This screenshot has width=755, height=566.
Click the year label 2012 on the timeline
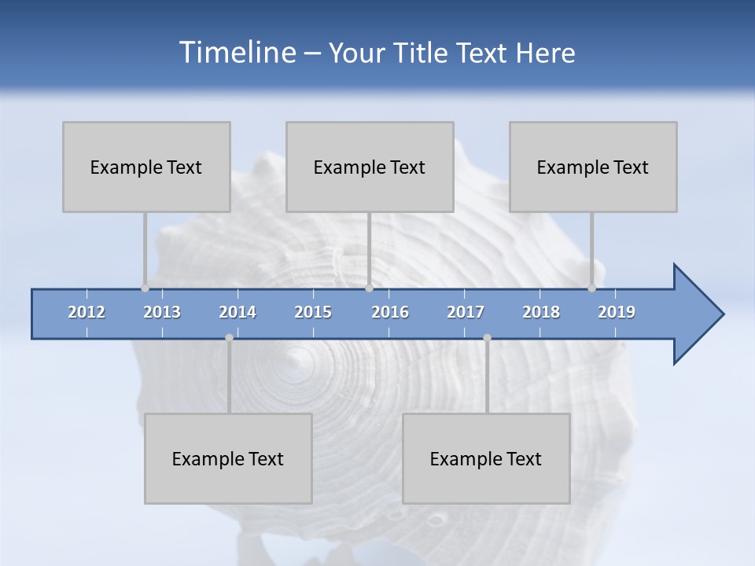point(87,312)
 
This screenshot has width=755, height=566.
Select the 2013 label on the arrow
point(162,312)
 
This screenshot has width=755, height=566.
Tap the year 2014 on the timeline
point(238,312)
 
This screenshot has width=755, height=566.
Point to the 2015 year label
point(313,312)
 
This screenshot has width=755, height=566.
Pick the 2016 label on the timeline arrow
point(390,312)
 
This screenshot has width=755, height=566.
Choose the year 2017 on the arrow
point(466,312)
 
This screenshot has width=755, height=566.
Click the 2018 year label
point(541,312)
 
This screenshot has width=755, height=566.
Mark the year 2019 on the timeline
point(617,312)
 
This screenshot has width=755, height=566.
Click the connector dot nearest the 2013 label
point(145,288)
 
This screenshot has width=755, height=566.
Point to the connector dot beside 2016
point(369,288)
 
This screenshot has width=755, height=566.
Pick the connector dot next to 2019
point(591,288)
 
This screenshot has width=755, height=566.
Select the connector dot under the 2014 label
point(229,337)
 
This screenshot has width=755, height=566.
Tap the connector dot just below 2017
point(487,337)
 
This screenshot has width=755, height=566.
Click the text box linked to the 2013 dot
point(146,167)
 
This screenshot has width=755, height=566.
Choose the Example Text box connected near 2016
point(370,167)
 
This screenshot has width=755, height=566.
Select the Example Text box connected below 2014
point(228,458)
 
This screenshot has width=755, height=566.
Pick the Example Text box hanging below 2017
point(486,458)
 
